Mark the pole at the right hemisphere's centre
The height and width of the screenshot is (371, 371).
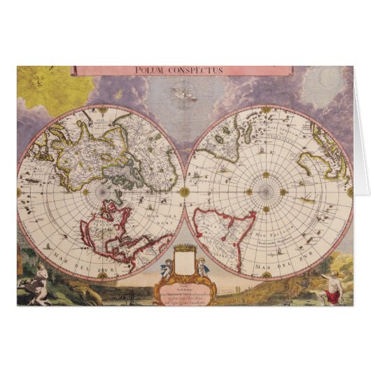coord(268,190)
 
